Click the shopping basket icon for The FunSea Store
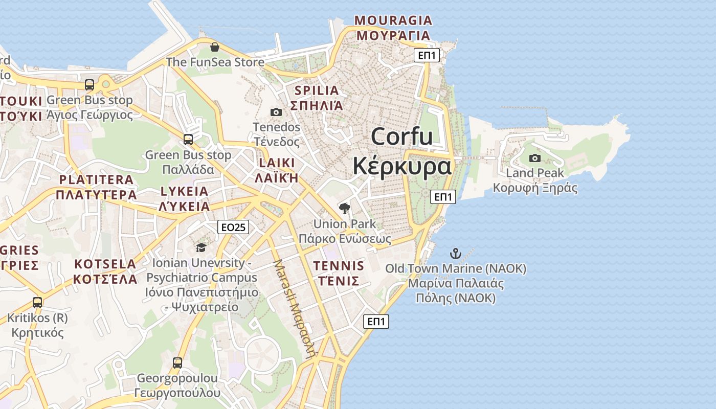[x=214, y=48]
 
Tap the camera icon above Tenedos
[x=276, y=112]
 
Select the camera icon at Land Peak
[x=534, y=158]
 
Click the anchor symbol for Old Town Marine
[x=455, y=253]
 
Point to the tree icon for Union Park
[x=345, y=208]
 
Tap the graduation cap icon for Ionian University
[x=201, y=248]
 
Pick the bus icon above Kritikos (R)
[x=37, y=302]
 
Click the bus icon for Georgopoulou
[x=177, y=363]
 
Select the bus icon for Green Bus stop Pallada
[x=188, y=140]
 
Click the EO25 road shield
[x=233, y=227]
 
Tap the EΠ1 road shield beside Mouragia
[x=427, y=55]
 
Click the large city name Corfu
[x=402, y=137]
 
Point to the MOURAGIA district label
[x=393, y=21]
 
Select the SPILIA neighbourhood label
[x=317, y=91]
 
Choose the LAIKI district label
[x=276, y=163]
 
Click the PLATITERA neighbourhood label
[x=96, y=180]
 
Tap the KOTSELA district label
[x=105, y=264]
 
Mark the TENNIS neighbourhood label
[x=339, y=266]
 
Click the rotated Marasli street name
[x=295, y=309]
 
